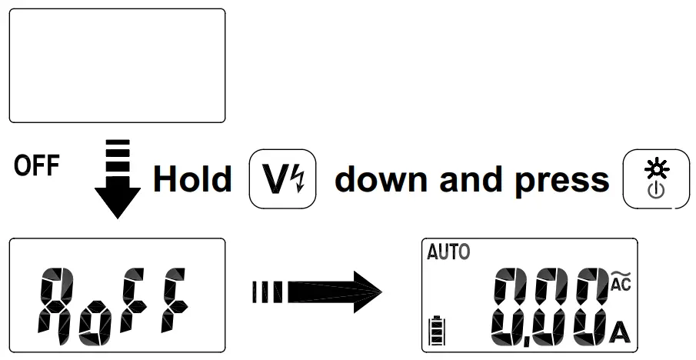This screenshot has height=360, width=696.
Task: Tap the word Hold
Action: click(192, 179)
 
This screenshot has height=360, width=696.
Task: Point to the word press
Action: click(562, 179)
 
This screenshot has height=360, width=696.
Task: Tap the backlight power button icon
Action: click(656, 179)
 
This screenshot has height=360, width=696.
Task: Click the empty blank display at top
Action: click(117, 66)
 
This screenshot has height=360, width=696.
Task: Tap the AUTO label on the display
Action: click(448, 252)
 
